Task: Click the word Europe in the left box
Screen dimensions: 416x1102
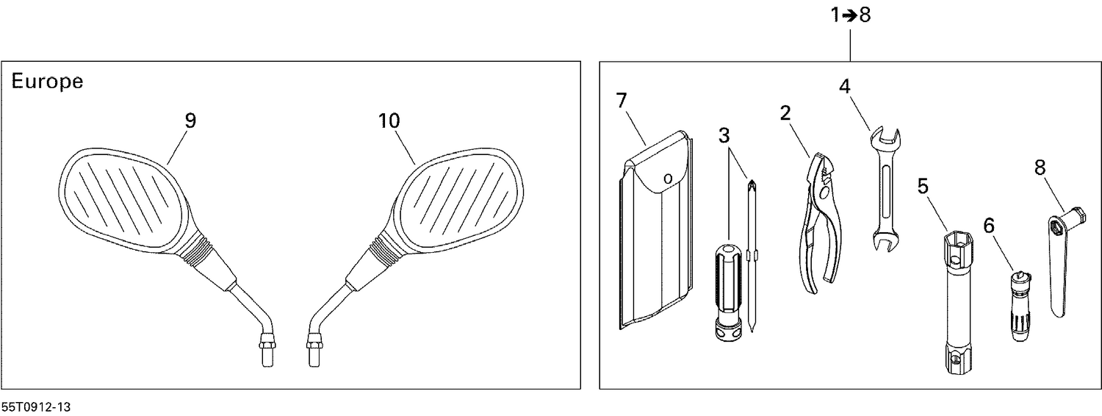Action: click(47, 82)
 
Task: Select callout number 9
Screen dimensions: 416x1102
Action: click(190, 121)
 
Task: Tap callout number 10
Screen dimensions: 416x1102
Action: click(389, 121)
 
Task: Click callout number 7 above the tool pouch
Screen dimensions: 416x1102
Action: click(622, 101)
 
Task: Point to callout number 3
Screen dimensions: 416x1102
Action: click(725, 135)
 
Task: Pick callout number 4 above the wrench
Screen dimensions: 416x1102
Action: click(845, 86)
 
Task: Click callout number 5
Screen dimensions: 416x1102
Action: click(923, 187)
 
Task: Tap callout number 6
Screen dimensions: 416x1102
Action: click(989, 226)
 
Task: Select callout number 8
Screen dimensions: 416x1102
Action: click(1040, 168)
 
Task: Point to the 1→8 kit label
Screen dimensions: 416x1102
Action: click(851, 15)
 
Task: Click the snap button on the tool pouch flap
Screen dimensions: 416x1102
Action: click(666, 177)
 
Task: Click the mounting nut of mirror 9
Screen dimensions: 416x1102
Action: click(265, 341)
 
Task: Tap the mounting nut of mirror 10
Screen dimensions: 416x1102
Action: click(314, 342)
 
